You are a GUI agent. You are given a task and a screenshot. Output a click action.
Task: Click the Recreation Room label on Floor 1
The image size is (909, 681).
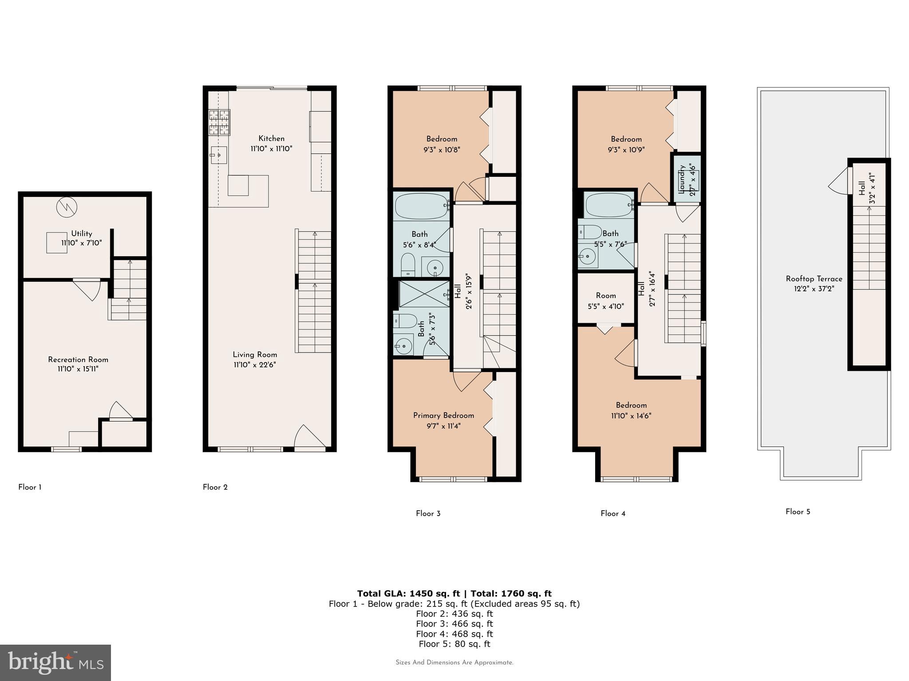[78, 360]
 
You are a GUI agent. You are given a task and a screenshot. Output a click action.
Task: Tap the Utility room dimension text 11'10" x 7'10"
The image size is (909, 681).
[82, 243]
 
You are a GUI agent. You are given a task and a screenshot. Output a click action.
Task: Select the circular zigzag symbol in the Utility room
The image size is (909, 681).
[67, 207]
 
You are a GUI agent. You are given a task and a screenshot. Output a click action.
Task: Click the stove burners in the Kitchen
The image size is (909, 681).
[219, 122]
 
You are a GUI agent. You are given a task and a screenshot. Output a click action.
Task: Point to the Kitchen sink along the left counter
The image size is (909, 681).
[218, 155]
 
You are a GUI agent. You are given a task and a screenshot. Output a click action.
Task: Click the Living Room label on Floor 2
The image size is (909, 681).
[255, 355]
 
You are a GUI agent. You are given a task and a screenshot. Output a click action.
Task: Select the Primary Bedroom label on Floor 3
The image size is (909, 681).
[443, 415]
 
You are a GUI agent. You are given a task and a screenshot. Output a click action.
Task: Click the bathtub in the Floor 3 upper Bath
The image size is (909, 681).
[421, 206]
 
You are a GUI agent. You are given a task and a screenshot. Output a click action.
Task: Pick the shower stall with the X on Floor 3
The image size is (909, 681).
[424, 294]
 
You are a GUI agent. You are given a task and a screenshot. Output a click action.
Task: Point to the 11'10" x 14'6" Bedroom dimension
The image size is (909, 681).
[631, 416]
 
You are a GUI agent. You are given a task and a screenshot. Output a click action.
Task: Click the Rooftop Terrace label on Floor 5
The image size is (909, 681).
[814, 279]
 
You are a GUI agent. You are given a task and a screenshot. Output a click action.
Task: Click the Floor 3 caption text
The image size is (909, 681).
[428, 513]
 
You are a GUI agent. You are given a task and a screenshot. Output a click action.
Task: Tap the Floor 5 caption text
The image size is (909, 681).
[798, 512]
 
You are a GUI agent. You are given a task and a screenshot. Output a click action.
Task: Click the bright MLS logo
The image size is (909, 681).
[55, 663]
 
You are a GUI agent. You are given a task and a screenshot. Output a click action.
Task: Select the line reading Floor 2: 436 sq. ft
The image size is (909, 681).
[454, 614]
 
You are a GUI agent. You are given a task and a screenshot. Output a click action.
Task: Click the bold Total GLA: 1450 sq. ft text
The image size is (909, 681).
[408, 594]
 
